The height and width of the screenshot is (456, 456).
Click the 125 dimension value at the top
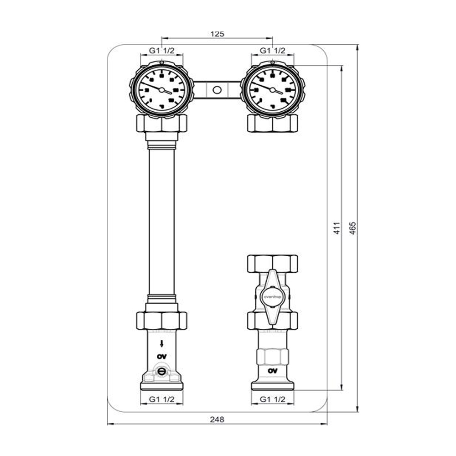click(218, 34)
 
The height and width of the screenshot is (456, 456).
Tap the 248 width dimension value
click(218, 419)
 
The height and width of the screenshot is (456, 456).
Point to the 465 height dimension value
click(353, 228)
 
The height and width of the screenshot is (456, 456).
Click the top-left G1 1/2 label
click(162, 50)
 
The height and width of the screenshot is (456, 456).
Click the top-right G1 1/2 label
click(273, 50)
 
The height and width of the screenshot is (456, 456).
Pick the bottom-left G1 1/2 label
click(162, 399)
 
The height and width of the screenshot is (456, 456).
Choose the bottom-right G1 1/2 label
click(273, 399)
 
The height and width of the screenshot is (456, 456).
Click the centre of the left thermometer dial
click(162, 88)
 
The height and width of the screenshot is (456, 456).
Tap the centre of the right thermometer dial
click(273, 88)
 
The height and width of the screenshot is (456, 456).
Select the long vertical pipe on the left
click(162, 223)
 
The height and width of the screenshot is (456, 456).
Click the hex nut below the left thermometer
click(162, 123)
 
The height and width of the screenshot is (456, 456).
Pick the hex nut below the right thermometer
click(273, 123)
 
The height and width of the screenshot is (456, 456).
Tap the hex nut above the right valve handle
click(273, 263)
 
